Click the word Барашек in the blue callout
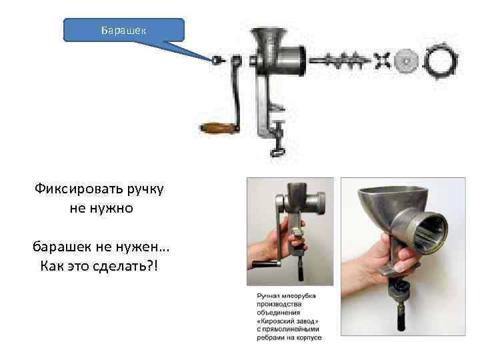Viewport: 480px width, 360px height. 123,30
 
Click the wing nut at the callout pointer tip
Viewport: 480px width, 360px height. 217,60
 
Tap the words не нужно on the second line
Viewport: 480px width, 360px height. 101,208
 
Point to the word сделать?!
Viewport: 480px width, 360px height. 129,266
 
